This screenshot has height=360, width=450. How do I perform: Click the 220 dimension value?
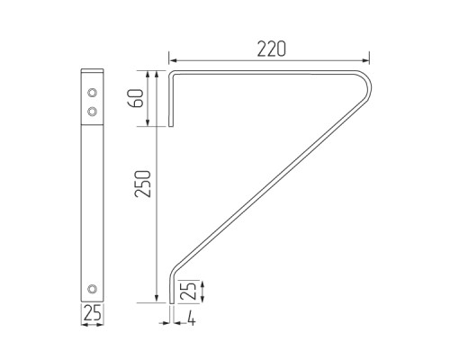(x=270, y=49)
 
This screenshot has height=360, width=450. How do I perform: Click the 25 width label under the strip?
(x=92, y=315)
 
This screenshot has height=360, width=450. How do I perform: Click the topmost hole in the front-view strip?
(x=92, y=92)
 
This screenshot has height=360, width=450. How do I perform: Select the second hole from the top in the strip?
(x=92, y=109)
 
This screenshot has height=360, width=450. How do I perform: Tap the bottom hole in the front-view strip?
(x=92, y=288)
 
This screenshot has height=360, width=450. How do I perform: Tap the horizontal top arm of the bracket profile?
(x=270, y=72)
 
